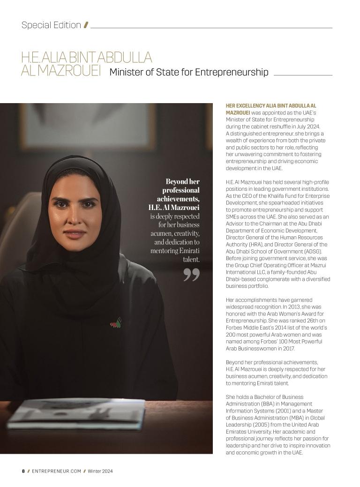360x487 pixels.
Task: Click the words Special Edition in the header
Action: pyautogui.click(x=51, y=25)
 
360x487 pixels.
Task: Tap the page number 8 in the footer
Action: pyautogui.click(x=23, y=471)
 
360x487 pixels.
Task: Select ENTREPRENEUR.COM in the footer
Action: pyautogui.click(x=57, y=471)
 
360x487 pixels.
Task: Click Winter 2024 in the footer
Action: pyautogui.click(x=100, y=471)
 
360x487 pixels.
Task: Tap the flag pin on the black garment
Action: pyautogui.click(x=116, y=323)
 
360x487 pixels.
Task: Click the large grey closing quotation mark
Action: pyautogui.click(x=191, y=275)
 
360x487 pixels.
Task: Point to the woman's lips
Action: pyautogui.click(x=75, y=233)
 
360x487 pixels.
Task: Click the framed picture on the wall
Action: pyautogui.click(x=88, y=126)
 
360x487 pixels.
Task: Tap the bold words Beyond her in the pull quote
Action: pyautogui.click(x=182, y=181)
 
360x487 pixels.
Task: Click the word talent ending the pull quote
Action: pyautogui.click(x=191, y=259)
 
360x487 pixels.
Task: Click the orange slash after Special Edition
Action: pyautogui.click(x=86, y=25)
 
